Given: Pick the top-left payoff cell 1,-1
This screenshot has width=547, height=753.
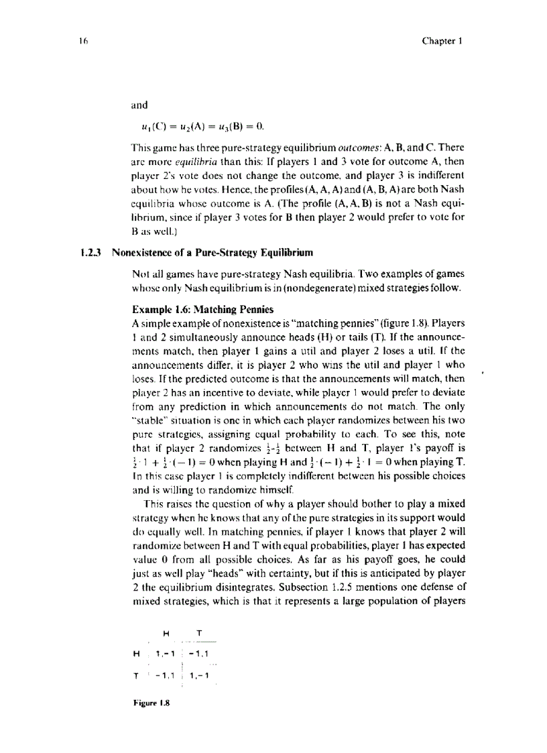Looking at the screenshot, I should click(x=164, y=653).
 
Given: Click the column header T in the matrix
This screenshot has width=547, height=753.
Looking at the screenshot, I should click(x=199, y=632).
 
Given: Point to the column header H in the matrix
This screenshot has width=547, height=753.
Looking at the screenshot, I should click(x=166, y=632).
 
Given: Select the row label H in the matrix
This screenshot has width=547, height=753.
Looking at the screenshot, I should click(x=137, y=653).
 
